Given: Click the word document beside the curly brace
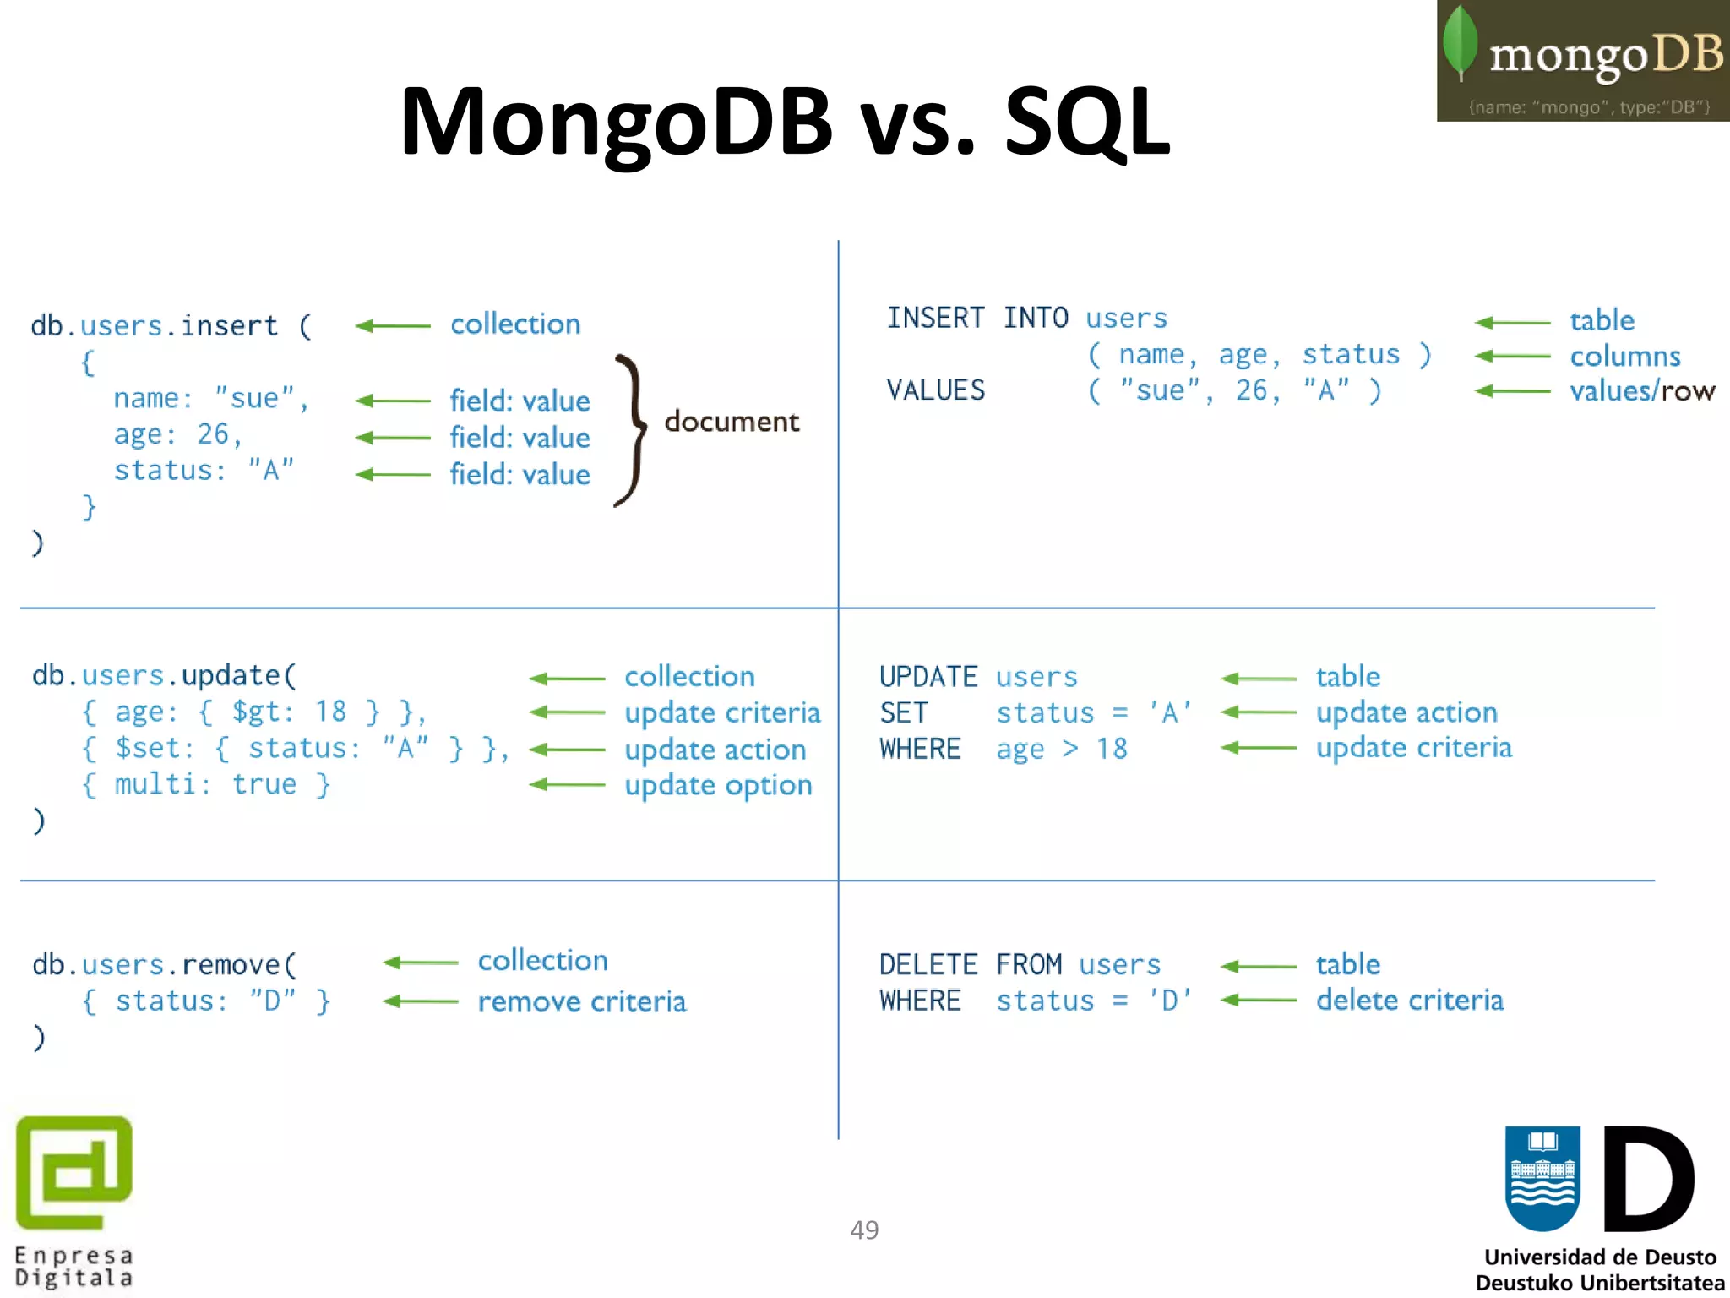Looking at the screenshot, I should [x=732, y=421].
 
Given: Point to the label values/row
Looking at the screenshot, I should [x=1641, y=390].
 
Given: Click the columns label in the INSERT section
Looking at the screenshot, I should [x=1624, y=356].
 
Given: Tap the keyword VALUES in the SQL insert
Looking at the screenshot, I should [x=935, y=390].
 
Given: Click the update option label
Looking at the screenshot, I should [x=718, y=785].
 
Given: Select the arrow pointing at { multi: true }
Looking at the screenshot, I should [x=567, y=785].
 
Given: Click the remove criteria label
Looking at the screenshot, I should [x=582, y=1001].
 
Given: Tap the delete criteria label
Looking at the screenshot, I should [x=1409, y=1001].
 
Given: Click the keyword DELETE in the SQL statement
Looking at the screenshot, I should [x=928, y=964].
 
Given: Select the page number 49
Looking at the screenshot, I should [x=864, y=1230].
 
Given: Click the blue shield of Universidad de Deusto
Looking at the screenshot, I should [x=1542, y=1178].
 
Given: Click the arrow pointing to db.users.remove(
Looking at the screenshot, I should [x=420, y=963].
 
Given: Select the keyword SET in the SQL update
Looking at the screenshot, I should [x=903, y=712].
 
